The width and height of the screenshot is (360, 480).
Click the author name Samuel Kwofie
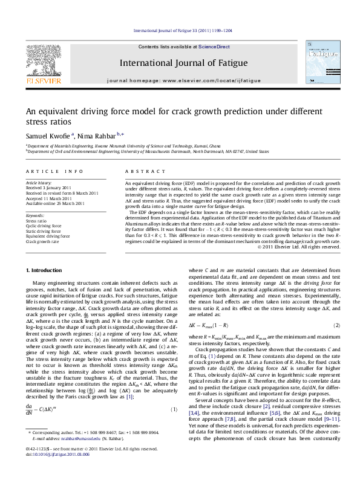[x=48, y=136]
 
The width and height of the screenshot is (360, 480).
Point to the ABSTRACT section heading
[x=140, y=172]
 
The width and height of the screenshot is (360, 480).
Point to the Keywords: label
[x=36, y=216]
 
